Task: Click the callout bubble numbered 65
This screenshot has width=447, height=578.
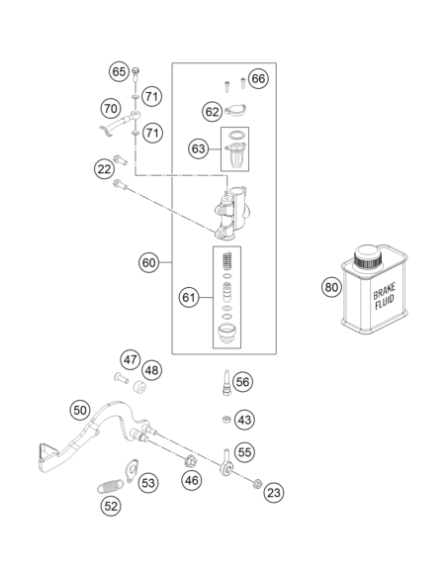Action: [x=119, y=71]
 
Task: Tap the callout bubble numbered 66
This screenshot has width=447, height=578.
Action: [x=258, y=78]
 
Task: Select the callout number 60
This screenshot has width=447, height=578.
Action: [x=148, y=263]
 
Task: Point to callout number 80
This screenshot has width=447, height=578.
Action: [x=331, y=287]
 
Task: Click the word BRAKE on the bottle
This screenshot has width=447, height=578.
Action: [x=384, y=291]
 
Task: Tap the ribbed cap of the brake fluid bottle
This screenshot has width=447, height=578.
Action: [x=367, y=257]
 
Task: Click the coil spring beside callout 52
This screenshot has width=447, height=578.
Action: [x=111, y=487]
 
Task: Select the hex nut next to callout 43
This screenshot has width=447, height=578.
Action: [x=226, y=420]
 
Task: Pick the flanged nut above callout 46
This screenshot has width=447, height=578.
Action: [x=191, y=461]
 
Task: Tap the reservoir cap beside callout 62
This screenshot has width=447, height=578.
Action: [x=235, y=110]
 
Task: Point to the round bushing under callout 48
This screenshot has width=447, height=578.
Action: [x=139, y=387]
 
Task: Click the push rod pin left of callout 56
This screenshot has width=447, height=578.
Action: [x=226, y=383]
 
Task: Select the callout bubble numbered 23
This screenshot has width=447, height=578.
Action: [x=274, y=493]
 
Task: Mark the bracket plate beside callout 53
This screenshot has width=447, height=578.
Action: [x=132, y=471]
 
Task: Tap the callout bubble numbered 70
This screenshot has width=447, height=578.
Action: [x=111, y=109]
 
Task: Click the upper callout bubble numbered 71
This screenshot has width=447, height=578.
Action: [x=151, y=97]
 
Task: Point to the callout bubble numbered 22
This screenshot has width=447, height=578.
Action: [x=104, y=169]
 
